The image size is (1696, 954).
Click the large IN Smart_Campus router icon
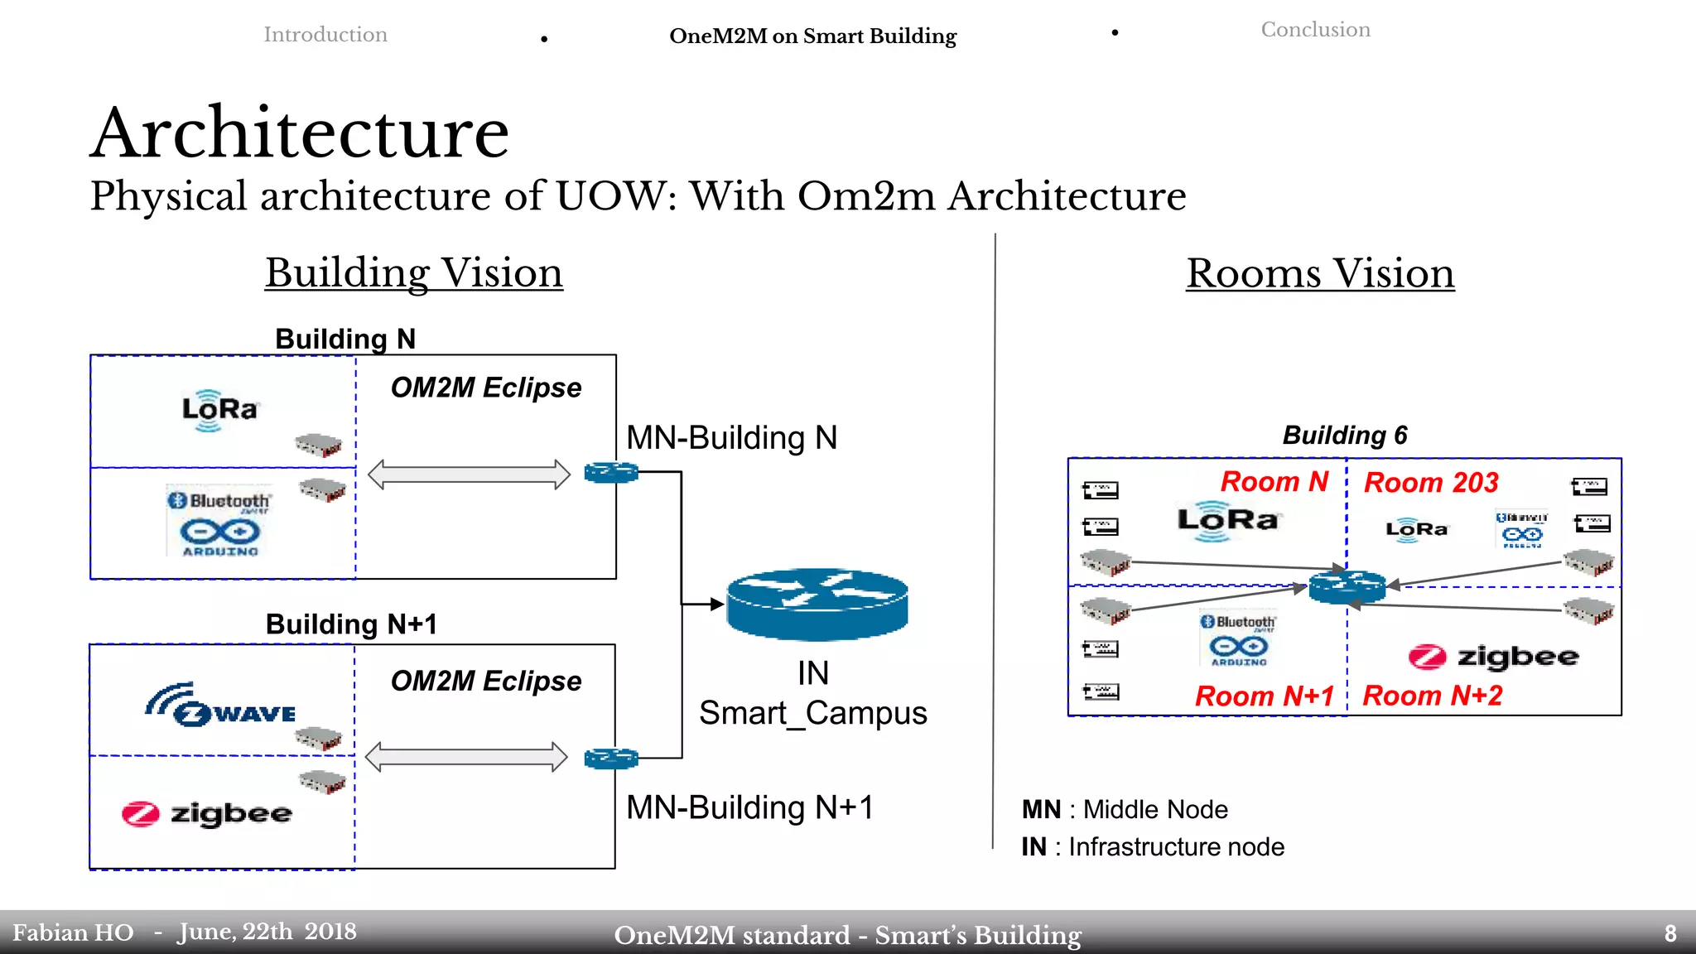coord(817,604)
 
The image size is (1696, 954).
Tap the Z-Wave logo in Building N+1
coord(222,706)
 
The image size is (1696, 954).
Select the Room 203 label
coord(1430,483)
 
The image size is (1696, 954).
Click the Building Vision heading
coord(414,272)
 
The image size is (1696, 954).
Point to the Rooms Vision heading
coord(1320,273)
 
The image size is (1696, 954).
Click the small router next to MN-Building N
coord(611,473)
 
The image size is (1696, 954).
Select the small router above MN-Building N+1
coord(611,758)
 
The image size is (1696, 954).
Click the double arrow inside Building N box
coord(469,475)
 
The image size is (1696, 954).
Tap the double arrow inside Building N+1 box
coord(466,757)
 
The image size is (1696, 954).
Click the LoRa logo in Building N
coord(219,410)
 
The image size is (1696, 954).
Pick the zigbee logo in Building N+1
coord(207,814)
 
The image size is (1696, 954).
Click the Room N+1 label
coord(1264,696)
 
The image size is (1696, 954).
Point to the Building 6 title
coord(1345,436)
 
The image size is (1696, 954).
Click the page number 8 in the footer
coord(1670,933)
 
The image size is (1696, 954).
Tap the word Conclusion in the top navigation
coord(1315,30)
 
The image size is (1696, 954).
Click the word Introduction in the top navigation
coord(325,35)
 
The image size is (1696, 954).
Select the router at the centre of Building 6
coord(1347,586)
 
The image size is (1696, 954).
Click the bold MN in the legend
coord(1041,809)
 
